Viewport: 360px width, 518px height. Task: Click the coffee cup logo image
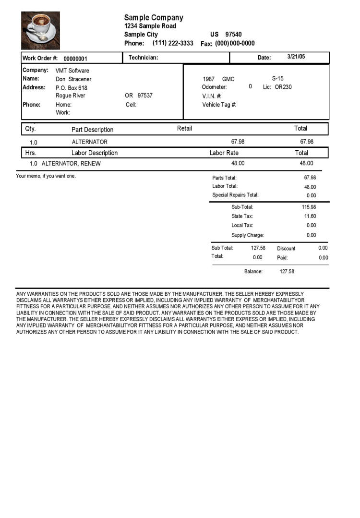pyautogui.click(x=41, y=31)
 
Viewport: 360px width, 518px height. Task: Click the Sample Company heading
pyautogui.click(x=154, y=18)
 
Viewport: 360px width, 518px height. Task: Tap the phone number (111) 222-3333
pyautogui.click(x=173, y=43)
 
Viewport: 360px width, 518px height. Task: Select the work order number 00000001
pyautogui.click(x=75, y=59)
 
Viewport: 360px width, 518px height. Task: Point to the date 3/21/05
pyautogui.click(x=296, y=57)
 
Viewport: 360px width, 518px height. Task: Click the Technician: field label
pyautogui.click(x=143, y=58)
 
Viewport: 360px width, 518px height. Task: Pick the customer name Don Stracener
pyautogui.click(x=73, y=79)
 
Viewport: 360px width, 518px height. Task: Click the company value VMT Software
pyautogui.click(x=72, y=71)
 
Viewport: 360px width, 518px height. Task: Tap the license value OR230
pyautogui.click(x=283, y=87)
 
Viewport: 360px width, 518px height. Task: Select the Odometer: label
pyautogui.click(x=214, y=87)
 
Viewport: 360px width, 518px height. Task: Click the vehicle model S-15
pyautogui.click(x=278, y=78)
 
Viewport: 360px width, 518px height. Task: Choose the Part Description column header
pyautogui.click(x=93, y=130)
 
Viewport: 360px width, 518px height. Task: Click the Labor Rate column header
pyautogui.click(x=224, y=153)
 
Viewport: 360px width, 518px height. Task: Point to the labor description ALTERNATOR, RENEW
pyautogui.click(x=71, y=164)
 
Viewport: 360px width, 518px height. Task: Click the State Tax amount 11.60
pyautogui.click(x=311, y=217)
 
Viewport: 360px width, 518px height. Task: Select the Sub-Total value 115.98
pyautogui.click(x=309, y=207)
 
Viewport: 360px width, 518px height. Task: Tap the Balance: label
pyautogui.click(x=253, y=272)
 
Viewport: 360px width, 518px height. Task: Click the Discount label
pyautogui.click(x=286, y=249)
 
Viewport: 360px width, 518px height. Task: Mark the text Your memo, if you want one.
pyautogui.click(x=46, y=176)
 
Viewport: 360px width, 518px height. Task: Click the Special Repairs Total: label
pyautogui.click(x=235, y=195)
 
